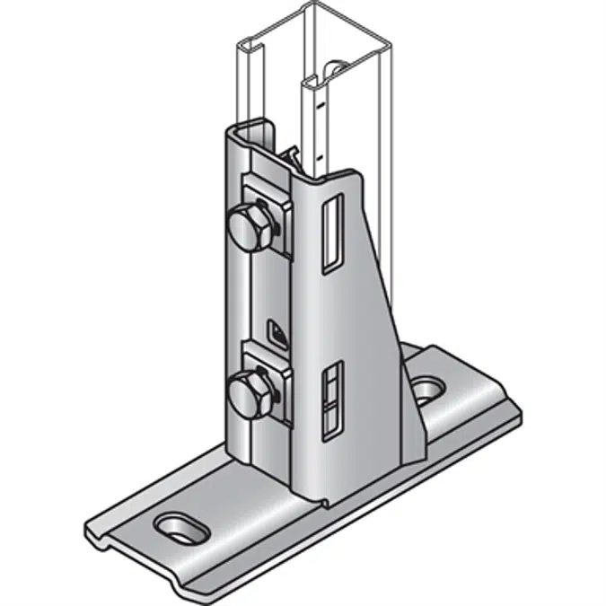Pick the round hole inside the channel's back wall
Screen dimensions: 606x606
334,70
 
